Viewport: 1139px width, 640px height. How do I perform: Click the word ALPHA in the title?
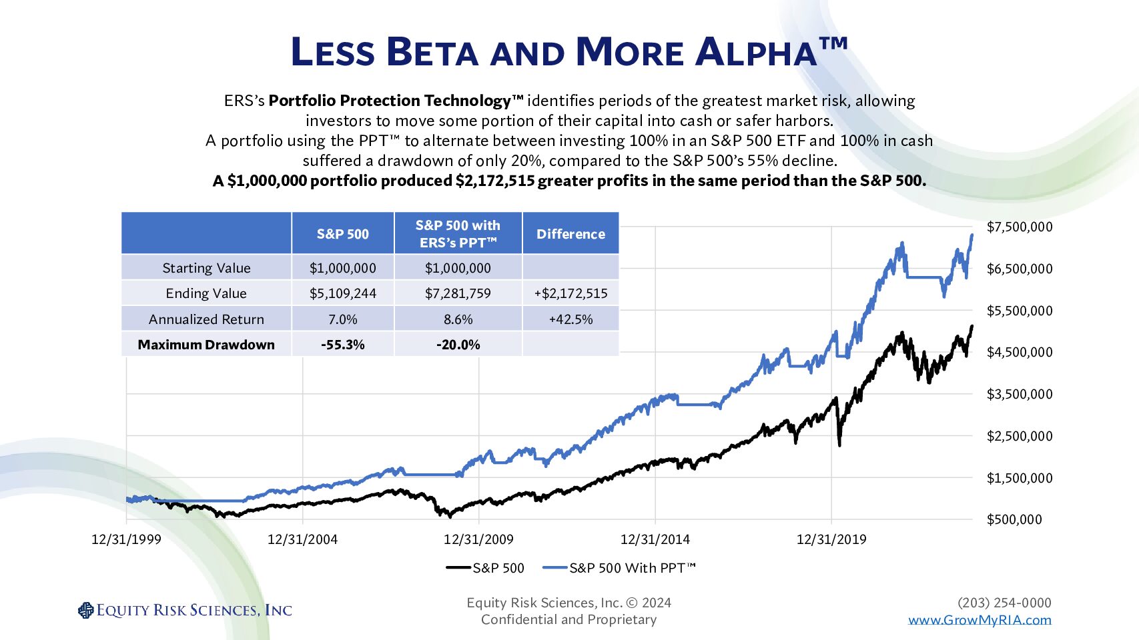coord(755,52)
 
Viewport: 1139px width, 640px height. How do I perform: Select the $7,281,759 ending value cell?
coord(458,293)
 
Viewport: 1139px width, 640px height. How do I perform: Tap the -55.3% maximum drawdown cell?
coord(342,345)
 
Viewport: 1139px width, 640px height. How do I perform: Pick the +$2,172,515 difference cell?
coord(571,293)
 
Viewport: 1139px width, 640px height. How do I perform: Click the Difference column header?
coord(571,234)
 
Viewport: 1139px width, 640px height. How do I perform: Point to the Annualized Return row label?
coord(206,319)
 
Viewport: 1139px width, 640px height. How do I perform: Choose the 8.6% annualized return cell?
coord(458,319)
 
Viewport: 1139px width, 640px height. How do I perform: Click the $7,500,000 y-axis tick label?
coord(1019,227)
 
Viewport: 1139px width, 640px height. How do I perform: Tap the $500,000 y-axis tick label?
coord(1014,519)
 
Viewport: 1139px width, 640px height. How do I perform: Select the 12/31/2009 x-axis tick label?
coord(478,539)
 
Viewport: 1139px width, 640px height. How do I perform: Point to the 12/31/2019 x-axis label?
coord(831,539)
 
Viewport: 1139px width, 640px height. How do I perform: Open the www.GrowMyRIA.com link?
coord(979,620)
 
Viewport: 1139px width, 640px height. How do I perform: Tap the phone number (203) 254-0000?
coord(1004,603)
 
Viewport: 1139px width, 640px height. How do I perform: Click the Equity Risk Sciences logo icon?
coord(86,610)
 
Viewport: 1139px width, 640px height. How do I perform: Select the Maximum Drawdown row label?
coord(206,345)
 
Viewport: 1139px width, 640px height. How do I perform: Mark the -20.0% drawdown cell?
coord(458,345)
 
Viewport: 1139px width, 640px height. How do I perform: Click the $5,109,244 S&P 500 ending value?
coord(342,293)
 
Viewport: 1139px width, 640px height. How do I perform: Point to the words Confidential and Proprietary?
coord(568,619)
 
